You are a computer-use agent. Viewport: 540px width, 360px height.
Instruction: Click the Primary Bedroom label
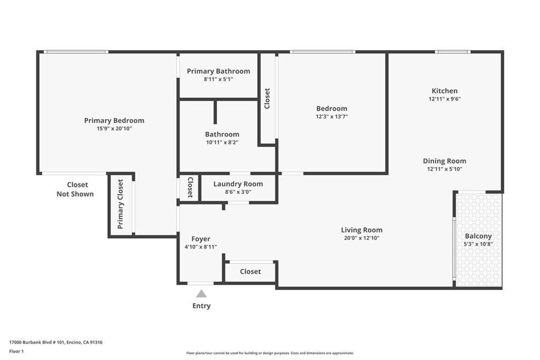click(x=114, y=121)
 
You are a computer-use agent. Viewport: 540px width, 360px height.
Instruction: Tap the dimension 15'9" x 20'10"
click(x=114, y=129)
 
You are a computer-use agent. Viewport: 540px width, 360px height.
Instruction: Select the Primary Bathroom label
click(x=218, y=71)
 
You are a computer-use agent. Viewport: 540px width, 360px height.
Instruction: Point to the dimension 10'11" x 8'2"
click(x=222, y=142)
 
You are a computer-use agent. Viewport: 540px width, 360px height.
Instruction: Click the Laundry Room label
click(x=238, y=184)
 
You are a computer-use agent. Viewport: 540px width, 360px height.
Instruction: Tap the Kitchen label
click(x=445, y=91)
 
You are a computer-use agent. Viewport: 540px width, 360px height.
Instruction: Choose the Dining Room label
click(x=445, y=161)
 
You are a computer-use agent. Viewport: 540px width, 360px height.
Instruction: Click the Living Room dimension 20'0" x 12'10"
click(x=361, y=238)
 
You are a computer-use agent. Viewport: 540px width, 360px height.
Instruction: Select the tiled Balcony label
click(x=478, y=236)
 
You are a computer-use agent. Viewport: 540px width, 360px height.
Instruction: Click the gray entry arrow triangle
click(x=201, y=294)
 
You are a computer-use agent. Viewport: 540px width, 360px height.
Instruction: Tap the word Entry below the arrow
click(x=201, y=306)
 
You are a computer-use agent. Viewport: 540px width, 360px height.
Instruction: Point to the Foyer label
click(x=200, y=239)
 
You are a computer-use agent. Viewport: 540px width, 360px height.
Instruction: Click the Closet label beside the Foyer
click(x=250, y=271)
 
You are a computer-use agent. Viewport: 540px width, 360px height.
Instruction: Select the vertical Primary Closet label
click(x=120, y=205)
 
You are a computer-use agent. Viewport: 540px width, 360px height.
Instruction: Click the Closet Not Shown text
click(x=75, y=189)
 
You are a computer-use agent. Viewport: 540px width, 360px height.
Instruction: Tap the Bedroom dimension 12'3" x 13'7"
click(x=332, y=117)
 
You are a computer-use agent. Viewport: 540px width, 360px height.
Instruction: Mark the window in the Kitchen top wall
click(x=452, y=52)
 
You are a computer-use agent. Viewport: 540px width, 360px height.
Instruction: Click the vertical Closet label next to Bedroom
click(x=267, y=99)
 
